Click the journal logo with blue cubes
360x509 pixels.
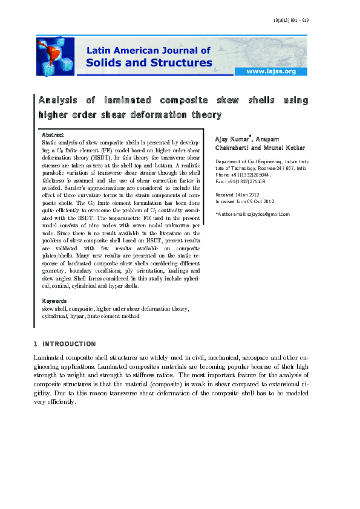(55, 56)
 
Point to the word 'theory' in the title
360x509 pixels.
(204, 114)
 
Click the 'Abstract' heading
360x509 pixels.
(53, 134)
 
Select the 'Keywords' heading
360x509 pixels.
(54, 300)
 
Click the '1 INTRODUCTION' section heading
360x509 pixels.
(65, 344)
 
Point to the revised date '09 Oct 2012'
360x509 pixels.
(260, 201)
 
